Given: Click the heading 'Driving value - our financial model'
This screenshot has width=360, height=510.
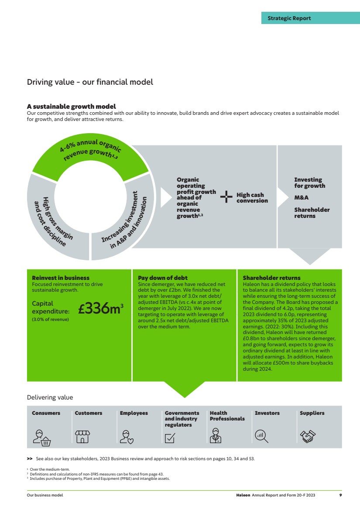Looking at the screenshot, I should coord(90,82).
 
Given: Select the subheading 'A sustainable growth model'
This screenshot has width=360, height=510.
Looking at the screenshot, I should coord(71,106).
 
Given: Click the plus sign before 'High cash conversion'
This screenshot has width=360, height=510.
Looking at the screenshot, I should coord(226,197).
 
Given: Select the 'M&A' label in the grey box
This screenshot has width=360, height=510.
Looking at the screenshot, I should coord(301,198).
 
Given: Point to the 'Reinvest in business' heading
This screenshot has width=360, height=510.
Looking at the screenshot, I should coord(61,278).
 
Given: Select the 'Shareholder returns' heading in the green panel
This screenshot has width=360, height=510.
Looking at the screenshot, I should coord(271,278).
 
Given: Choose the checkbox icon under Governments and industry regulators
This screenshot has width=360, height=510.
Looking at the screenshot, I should coord(170,438).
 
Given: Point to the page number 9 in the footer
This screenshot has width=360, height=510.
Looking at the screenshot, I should coord(340,495).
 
